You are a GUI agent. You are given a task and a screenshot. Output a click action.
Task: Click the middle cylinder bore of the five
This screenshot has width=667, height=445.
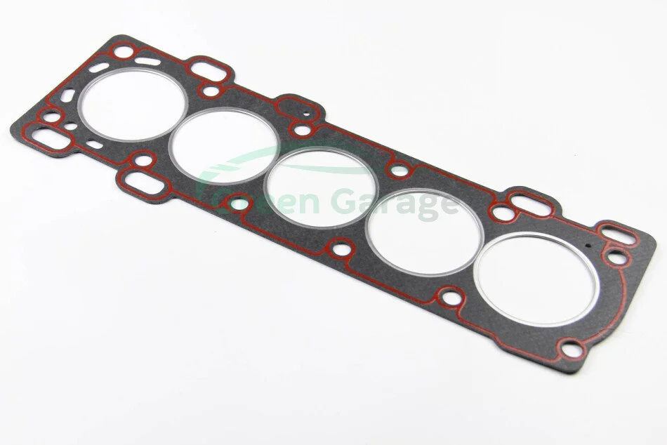(321, 188)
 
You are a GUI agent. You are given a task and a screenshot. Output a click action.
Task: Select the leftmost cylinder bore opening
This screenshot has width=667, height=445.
(133, 105)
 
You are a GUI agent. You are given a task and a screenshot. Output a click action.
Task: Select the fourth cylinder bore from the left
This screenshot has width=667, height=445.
(425, 232)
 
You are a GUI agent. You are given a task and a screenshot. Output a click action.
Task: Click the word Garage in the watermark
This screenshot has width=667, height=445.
(395, 204)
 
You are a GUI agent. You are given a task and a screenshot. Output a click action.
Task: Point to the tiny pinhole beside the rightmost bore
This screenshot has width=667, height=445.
(588, 246)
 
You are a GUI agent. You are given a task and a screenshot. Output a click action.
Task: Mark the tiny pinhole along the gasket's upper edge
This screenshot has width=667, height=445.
(306, 114)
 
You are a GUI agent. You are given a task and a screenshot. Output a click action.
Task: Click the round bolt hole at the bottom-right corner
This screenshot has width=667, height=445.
(572, 350)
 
